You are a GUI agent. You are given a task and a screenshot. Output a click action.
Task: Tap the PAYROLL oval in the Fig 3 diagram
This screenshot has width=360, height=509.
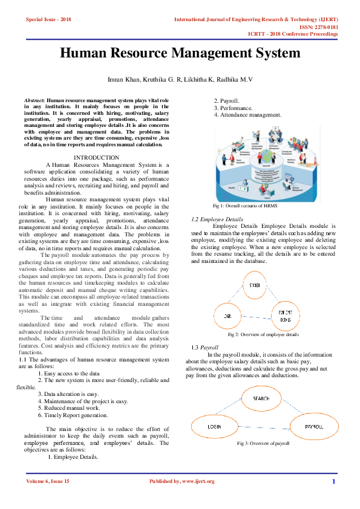point(313,427)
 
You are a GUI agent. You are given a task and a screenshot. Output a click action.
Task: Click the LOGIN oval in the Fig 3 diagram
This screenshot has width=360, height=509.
point(214,427)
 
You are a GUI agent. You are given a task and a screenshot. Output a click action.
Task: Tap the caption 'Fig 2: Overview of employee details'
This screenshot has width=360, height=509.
point(263,334)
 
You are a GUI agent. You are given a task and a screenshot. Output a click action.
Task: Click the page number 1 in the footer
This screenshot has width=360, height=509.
point(333,481)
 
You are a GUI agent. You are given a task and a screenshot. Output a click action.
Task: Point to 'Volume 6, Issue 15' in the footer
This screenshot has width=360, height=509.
point(48,481)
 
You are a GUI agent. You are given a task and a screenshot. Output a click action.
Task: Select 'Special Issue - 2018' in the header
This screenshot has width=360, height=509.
point(48,20)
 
